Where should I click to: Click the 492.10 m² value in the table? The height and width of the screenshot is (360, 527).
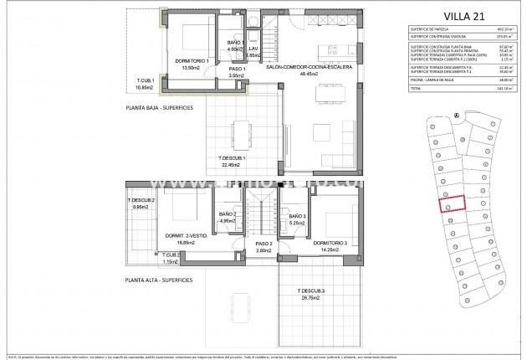(501, 28)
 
